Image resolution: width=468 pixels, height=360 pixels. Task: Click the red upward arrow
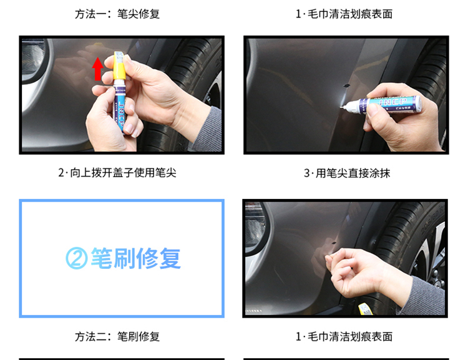click(97, 69)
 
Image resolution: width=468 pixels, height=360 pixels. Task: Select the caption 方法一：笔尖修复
click(117, 14)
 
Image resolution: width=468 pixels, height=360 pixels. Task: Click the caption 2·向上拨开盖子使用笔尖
click(117, 173)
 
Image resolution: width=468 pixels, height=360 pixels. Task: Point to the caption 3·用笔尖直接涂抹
click(347, 173)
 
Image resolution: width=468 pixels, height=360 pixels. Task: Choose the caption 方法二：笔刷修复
click(117, 336)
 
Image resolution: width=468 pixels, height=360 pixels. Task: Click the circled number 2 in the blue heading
click(76, 258)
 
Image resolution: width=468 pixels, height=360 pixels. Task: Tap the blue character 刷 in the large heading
click(124, 258)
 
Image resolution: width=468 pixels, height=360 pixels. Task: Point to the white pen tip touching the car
click(341, 106)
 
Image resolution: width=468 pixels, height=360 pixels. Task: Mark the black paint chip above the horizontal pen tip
click(347, 85)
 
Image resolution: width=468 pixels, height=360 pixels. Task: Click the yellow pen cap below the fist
click(365, 309)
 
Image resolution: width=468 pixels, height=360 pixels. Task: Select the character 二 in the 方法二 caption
click(101, 337)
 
